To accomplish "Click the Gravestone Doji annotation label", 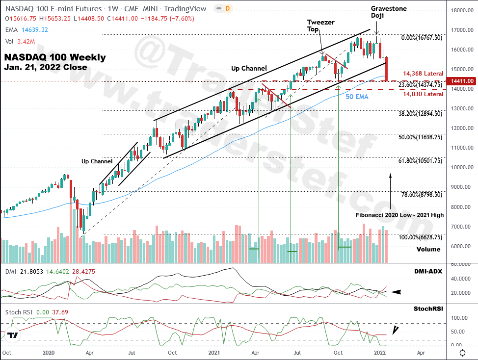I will pyautogui.click(x=389, y=12).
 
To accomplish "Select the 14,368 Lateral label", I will pyautogui.click(x=423, y=74).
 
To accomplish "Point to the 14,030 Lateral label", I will pyautogui.click(x=423, y=94).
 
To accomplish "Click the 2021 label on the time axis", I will pyautogui.click(x=213, y=352).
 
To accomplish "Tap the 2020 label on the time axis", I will pyautogui.click(x=49, y=352).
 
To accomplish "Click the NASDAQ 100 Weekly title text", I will pyautogui.click(x=55, y=57).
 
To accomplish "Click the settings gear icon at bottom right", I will pyautogui.click(x=462, y=352).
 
